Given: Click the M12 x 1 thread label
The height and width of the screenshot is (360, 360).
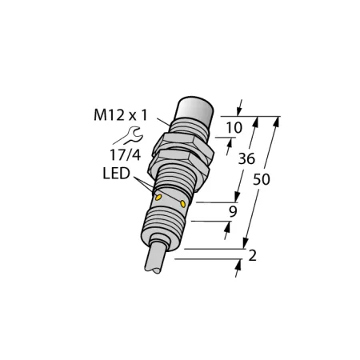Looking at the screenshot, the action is coord(120,115).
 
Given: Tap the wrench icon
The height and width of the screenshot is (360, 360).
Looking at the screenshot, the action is coord(129,135).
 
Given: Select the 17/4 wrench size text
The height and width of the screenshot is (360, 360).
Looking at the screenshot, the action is coord(125,155).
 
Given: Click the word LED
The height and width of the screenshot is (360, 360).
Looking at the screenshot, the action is coord(116,174).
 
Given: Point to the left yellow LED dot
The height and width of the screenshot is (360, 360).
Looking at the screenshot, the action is coord(158,198).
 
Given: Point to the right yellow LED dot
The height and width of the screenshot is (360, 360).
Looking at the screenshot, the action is coord(183,204).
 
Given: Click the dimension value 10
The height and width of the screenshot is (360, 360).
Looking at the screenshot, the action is coord(234,127).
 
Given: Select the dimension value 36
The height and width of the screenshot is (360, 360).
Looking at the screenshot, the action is coord(246,158).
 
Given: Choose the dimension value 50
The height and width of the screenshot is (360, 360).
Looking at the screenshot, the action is coord(262,179).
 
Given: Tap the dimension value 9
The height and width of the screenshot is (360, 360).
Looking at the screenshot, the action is coord(233,211).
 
